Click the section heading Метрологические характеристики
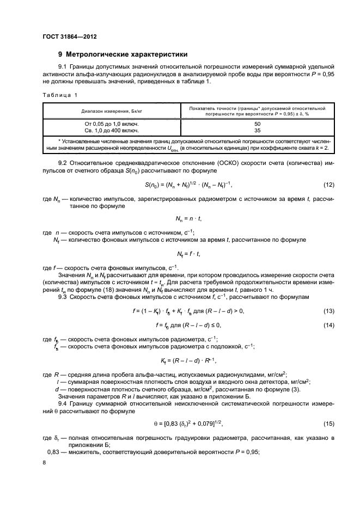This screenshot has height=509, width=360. tap(126, 54)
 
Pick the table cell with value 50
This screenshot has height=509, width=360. tap(257, 124)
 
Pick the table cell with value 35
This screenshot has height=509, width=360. tap(257, 131)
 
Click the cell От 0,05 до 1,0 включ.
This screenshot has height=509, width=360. tap(109, 124)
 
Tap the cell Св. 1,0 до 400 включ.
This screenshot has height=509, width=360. tap(109, 131)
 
